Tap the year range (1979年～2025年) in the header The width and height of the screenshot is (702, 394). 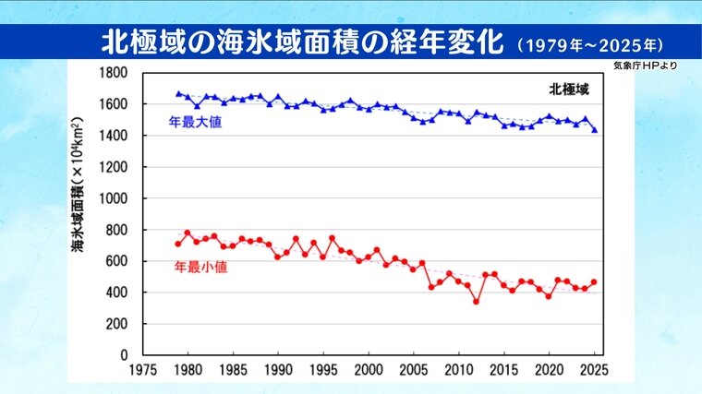pyautogui.click(x=591, y=44)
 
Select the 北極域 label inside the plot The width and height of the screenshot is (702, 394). pyautogui.click(x=568, y=90)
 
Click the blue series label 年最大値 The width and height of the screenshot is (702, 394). pyautogui.click(x=196, y=122)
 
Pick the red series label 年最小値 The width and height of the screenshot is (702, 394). pyautogui.click(x=200, y=268)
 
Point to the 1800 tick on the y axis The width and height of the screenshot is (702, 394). pyautogui.click(x=114, y=73)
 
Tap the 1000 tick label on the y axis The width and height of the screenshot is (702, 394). pyautogui.click(x=114, y=198)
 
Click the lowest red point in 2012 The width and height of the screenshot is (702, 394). pyautogui.click(x=477, y=301)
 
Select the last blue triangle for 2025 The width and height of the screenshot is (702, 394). pyautogui.click(x=594, y=130)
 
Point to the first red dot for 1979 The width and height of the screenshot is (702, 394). pyautogui.click(x=178, y=244)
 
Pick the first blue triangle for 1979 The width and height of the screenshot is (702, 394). pyautogui.click(x=178, y=93)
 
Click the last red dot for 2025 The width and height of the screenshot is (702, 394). pyautogui.click(x=594, y=282)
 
